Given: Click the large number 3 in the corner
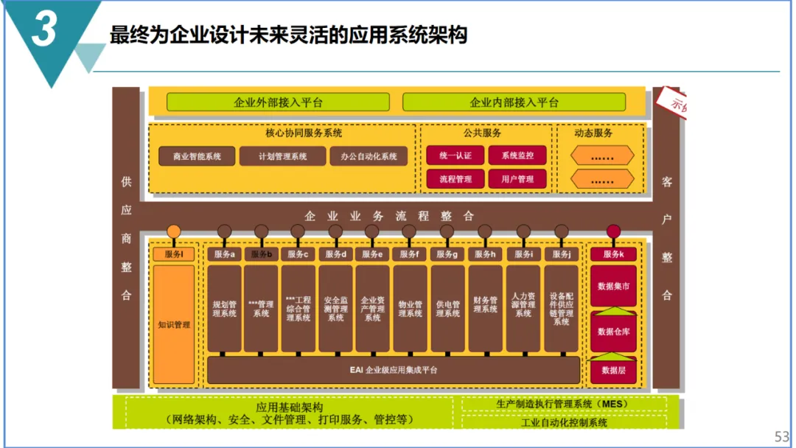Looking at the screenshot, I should coord(44,31).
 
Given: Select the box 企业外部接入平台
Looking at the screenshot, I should coord(278,102).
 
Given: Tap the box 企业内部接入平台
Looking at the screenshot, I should coord(514,102).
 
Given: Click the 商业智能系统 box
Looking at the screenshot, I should coord(196,156).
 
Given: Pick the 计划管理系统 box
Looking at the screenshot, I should coord(282,156).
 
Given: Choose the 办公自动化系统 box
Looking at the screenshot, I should coord(369,156).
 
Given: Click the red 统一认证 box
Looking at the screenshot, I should coord(455,155).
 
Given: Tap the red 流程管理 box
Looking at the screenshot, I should coord(455,178).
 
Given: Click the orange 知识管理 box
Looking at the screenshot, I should coord(174,324).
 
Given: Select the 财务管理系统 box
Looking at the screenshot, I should coord(486,308).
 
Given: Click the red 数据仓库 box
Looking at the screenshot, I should coord(613,332).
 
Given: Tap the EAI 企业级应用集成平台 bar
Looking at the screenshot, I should coord(394,370).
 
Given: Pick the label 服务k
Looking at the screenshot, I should coord(613,254).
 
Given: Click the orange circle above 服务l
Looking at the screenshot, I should coord(174,231).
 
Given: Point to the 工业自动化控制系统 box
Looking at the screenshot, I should coord(564,422).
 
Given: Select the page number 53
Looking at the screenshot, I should coord(782,436).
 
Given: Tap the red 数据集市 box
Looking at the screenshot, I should coord(613,286).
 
